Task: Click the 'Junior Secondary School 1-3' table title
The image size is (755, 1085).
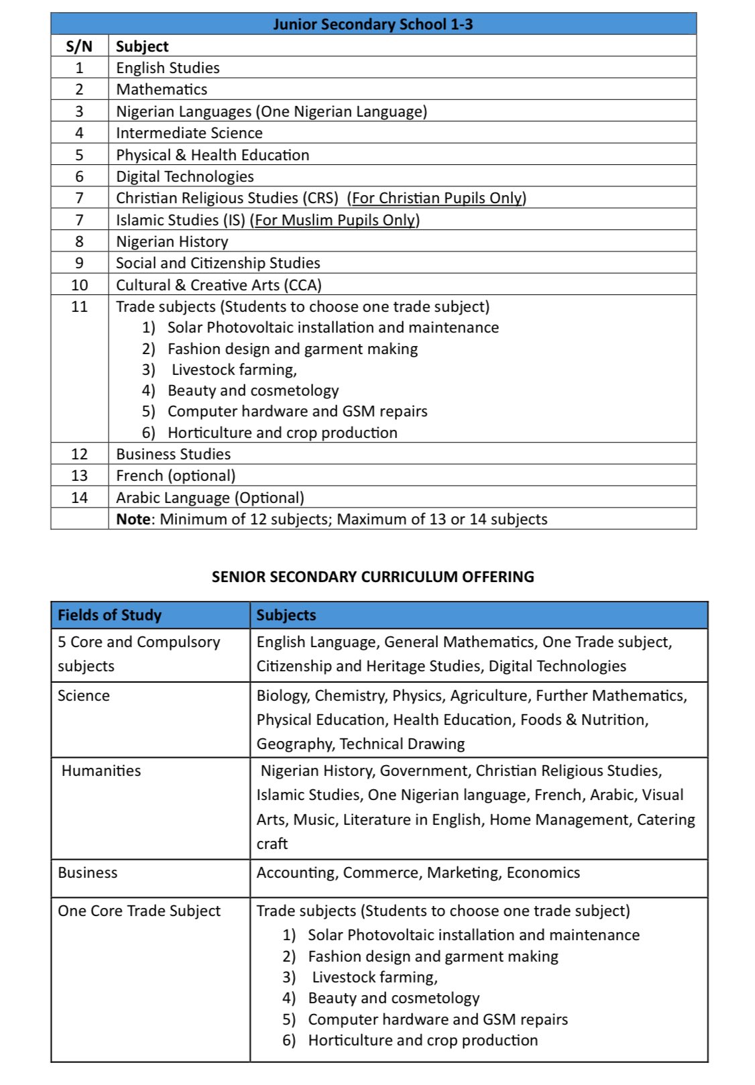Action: coord(373,24)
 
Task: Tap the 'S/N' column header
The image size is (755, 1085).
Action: coord(79,46)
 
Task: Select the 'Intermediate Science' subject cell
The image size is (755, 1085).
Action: coord(189,133)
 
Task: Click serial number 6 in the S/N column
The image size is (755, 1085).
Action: coord(79,176)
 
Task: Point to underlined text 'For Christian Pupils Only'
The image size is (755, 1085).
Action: coord(437,198)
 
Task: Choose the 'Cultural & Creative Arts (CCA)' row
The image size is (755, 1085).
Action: coord(219,285)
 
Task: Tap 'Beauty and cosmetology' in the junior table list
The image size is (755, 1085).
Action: coord(253,390)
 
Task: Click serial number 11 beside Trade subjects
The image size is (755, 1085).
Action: coord(79,306)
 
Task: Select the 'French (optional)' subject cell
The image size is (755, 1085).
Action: coord(176,475)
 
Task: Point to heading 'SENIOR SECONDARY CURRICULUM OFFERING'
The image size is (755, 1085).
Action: coord(373,577)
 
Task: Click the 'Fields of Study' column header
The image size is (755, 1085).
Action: coord(109,615)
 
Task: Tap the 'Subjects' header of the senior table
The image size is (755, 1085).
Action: coord(286,615)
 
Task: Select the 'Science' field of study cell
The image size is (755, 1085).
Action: coord(83,695)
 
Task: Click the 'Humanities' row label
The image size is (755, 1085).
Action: coord(101,770)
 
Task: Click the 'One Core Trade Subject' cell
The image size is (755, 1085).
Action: coord(139,911)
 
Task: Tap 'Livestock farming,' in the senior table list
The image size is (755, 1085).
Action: coord(375,977)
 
